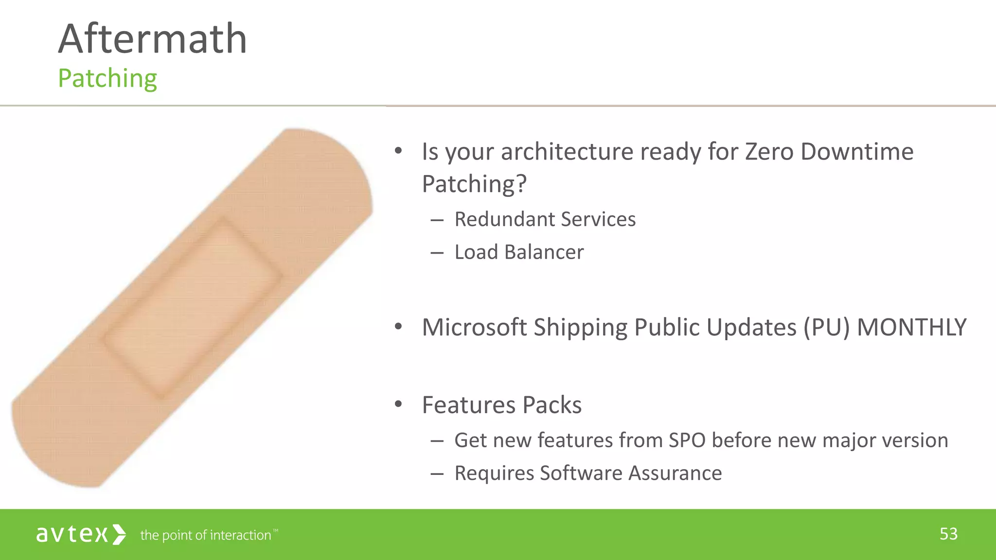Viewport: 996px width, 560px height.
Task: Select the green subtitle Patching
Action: (x=107, y=78)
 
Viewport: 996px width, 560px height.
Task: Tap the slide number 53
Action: (x=948, y=534)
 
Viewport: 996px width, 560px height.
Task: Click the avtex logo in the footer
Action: (x=81, y=534)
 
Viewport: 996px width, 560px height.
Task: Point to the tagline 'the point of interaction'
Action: (x=206, y=535)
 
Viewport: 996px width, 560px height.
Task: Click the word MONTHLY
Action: (x=911, y=327)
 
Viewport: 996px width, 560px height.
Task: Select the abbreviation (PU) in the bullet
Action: (x=826, y=327)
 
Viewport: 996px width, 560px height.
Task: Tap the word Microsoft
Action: (x=474, y=327)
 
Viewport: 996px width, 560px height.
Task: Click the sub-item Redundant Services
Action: (x=545, y=219)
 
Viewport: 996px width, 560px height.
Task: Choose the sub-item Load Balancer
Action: (x=518, y=252)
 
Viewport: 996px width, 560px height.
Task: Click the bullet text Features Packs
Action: (x=501, y=405)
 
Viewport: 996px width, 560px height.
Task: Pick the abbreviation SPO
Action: (x=687, y=440)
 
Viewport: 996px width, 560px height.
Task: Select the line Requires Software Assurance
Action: (x=587, y=473)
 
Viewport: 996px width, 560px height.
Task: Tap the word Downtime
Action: (x=857, y=151)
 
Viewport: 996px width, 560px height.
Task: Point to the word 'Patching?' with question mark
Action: (x=474, y=184)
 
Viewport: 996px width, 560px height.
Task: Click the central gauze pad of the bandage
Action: (x=192, y=309)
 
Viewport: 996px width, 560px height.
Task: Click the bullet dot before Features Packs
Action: (x=398, y=404)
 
